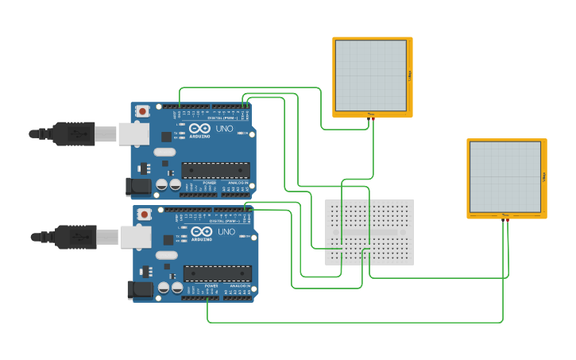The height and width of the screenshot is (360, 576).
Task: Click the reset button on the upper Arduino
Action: click(142, 111)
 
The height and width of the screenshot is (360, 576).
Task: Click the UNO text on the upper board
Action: click(224, 128)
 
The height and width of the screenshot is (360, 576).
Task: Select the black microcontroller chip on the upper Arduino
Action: click(215, 170)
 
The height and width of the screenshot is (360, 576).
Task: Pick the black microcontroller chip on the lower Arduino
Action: click(217, 273)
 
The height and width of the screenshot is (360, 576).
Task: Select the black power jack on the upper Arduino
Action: click(137, 187)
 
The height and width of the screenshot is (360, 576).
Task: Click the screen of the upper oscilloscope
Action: click(370, 75)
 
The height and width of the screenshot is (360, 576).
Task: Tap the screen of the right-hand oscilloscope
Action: click(504, 177)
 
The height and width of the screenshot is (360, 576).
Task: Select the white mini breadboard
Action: click(369, 232)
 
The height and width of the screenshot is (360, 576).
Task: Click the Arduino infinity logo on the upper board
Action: click(199, 128)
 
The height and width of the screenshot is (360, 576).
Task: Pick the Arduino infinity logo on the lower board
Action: click(201, 231)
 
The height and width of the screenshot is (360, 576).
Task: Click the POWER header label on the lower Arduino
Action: click(211, 286)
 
